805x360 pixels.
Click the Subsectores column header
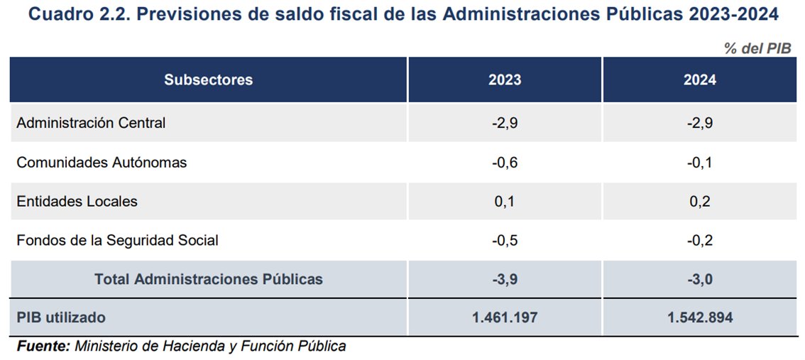point(208,80)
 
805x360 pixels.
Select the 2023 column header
point(504,80)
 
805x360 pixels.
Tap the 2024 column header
point(699,80)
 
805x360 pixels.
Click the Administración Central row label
point(91,123)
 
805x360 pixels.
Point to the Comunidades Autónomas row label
point(102,163)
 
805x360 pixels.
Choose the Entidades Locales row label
point(77,201)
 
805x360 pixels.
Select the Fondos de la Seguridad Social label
point(117,240)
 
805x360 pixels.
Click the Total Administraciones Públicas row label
point(208,279)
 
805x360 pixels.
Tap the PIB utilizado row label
point(60,317)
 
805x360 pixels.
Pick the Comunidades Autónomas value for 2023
point(504,163)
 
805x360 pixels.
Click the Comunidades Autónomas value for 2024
point(699,163)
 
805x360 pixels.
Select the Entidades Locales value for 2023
point(504,201)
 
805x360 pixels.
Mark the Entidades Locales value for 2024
point(699,201)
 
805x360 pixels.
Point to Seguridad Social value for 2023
point(504,240)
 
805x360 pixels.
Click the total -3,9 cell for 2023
point(504,279)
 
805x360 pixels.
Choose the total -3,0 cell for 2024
point(699,279)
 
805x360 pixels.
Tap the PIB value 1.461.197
point(504,317)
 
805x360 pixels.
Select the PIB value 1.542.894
point(699,317)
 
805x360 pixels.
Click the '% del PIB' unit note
point(757,48)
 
